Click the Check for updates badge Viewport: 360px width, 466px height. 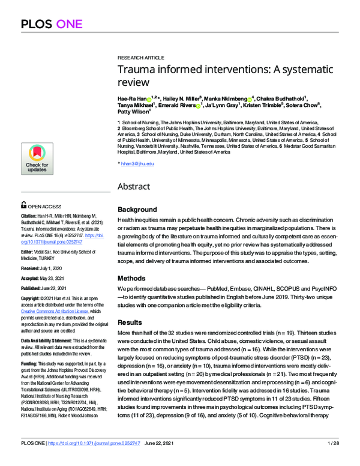click(37, 159)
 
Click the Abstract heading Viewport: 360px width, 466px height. click(133, 186)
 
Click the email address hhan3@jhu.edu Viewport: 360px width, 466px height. click(138, 164)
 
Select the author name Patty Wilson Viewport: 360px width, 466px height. click(134, 112)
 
